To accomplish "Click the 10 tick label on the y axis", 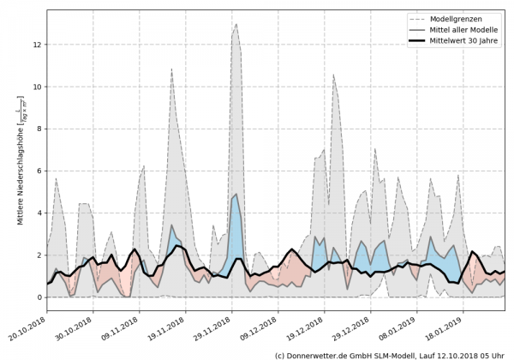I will click(x=37, y=87).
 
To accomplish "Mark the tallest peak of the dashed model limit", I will click(x=236, y=23).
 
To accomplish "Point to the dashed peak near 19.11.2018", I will click(x=171, y=69).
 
